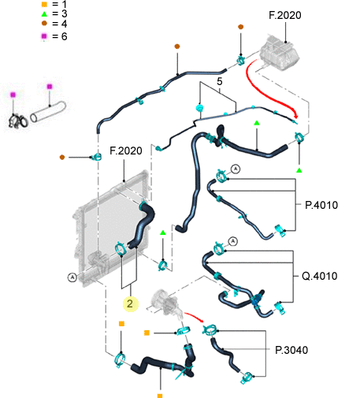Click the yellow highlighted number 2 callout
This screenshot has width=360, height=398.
(131, 304)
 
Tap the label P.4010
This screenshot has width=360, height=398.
(321, 205)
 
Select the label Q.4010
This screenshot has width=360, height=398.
(320, 276)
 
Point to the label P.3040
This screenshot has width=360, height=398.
(291, 350)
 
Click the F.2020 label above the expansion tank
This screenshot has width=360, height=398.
(285, 15)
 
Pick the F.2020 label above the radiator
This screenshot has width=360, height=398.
(126, 151)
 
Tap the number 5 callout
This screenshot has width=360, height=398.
(220, 81)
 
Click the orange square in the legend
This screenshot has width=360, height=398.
(44, 5)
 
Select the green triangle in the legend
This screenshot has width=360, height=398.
(44, 13)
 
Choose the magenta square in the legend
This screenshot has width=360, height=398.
(44, 36)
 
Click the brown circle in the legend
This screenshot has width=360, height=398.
(44, 24)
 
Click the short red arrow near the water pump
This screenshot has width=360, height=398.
(194, 316)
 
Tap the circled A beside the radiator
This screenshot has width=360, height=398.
(72, 277)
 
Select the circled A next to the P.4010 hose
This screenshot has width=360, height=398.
(236, 169)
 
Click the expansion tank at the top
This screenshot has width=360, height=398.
(280, 53)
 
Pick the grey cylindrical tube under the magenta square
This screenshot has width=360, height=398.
(48, 112)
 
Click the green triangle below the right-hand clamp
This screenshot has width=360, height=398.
(299, 170)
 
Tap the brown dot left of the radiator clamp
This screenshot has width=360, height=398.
(62, 157)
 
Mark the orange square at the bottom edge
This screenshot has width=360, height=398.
(160, 396)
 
